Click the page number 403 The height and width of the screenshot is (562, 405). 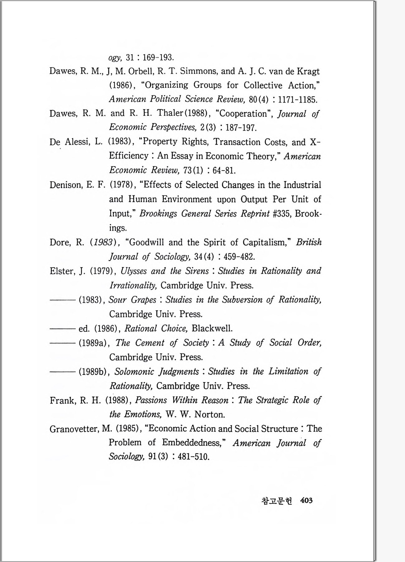coord(306,500)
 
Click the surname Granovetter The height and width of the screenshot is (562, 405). coord(74,429)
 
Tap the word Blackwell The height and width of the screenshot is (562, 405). coord(212,329)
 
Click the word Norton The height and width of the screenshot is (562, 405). coord(209,414)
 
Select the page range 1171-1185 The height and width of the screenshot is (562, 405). coord(298,100)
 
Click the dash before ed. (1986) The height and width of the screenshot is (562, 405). coord(62,329)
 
